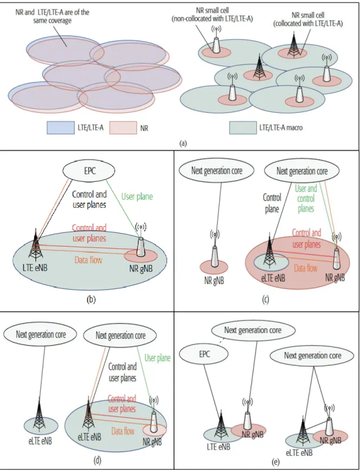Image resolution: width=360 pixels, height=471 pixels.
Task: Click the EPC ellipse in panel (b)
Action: pyautogui.click(x=89, y=170)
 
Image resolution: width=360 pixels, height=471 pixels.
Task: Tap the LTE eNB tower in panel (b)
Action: pyautogui.click(x=35, y=245)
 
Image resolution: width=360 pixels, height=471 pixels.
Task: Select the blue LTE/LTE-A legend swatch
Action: pyautogui.click(x=60, y=128)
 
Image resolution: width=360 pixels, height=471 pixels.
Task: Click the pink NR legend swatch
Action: pyautogui.click(x=122, y=128)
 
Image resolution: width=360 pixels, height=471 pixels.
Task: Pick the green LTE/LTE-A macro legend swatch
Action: pyautogui.click(x=243, y=128)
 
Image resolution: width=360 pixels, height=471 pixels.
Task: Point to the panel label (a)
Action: pyautogui.click(x=183, y=144)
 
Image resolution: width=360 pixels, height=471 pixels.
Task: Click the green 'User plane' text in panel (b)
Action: pyautogui.click(x=137, y=196)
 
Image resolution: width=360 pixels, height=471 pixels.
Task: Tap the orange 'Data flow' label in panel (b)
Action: pyautogui.click(x=88, y=260)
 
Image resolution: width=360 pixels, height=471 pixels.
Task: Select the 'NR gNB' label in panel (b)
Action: pyautogui.click(x=141, y=268)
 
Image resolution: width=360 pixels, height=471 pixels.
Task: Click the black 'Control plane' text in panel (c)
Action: pyautogui.click(x=272, y=203)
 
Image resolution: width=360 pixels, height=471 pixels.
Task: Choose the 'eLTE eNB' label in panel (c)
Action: pyautogui.click(x=273, y=278)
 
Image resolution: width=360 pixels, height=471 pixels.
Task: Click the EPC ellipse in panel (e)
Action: pyautogui.click(x=204, y=354)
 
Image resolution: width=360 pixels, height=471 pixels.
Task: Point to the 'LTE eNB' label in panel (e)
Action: pyautogui.click(x=219, y=447)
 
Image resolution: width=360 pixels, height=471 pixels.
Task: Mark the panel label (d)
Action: pyautogui.click(x=97, y=460)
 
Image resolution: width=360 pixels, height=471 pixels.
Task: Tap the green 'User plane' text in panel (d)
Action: pyautogui.click(x=157, y=358)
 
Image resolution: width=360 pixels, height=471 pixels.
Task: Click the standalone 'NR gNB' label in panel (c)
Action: pyautogui.click(x=214, y=281)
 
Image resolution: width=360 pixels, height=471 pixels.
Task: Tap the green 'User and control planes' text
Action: pyautogui.click(x=306, y=199)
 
